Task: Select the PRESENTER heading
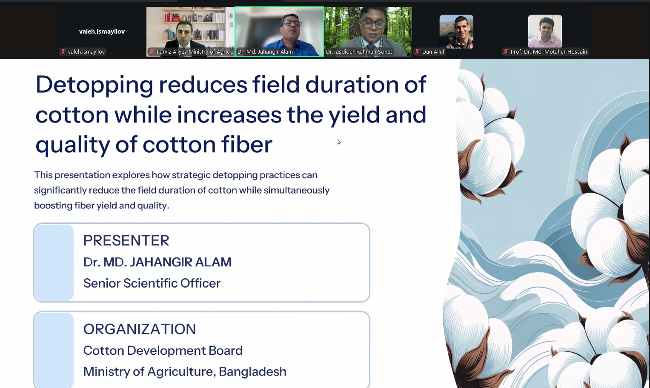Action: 126,240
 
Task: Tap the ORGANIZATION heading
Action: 140,329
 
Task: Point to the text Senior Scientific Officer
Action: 152,283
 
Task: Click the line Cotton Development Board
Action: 163,351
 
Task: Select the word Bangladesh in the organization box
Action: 252,371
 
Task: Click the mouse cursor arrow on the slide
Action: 338,142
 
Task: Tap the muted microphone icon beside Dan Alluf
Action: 417,51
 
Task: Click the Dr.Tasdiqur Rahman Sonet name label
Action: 359,51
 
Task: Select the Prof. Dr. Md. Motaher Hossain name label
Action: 549,51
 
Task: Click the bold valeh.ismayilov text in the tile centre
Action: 102,31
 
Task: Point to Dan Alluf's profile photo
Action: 456,31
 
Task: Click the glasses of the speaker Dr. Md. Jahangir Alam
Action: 291,23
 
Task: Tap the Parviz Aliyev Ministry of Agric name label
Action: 195,51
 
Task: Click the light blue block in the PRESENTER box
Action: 54,262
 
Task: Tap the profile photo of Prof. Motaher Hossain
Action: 545,31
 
